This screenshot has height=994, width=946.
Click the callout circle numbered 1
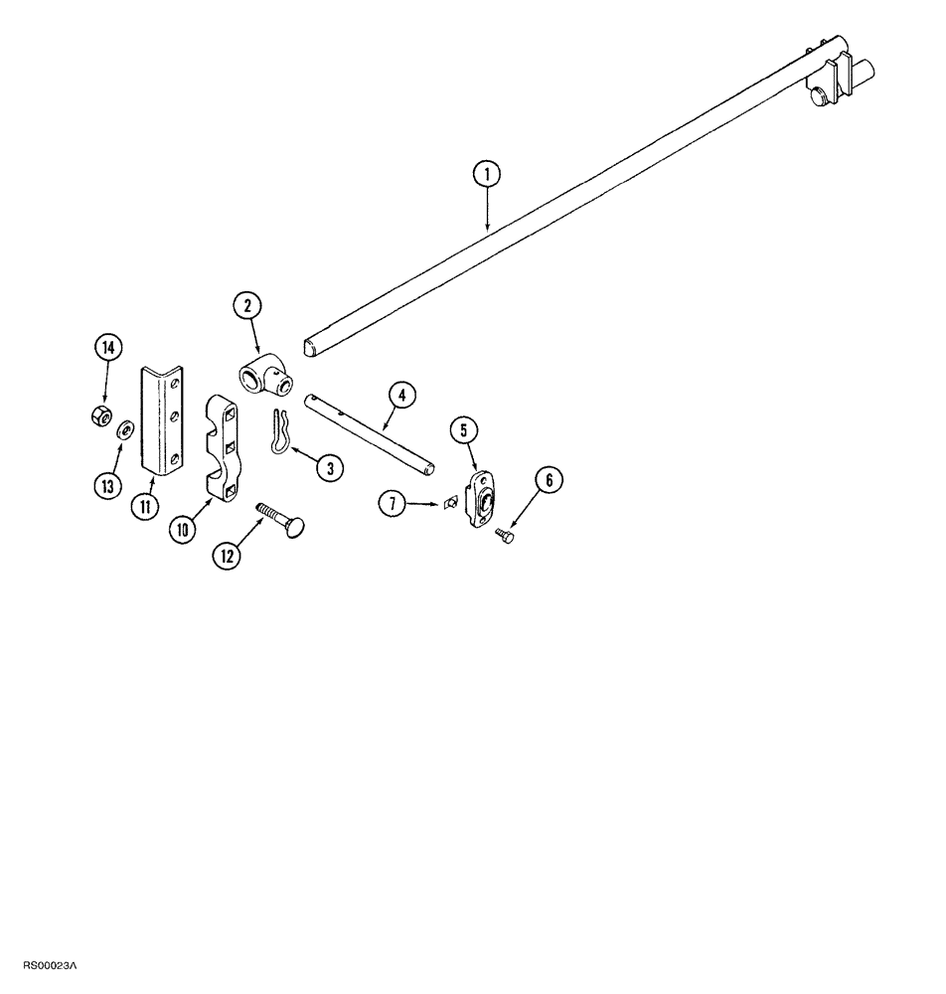(x=486, y=175)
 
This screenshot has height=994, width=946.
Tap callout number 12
(x=226, y=556)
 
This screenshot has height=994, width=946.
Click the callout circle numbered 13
(x=107, y=486)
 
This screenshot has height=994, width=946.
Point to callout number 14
(x=107, y=348)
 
